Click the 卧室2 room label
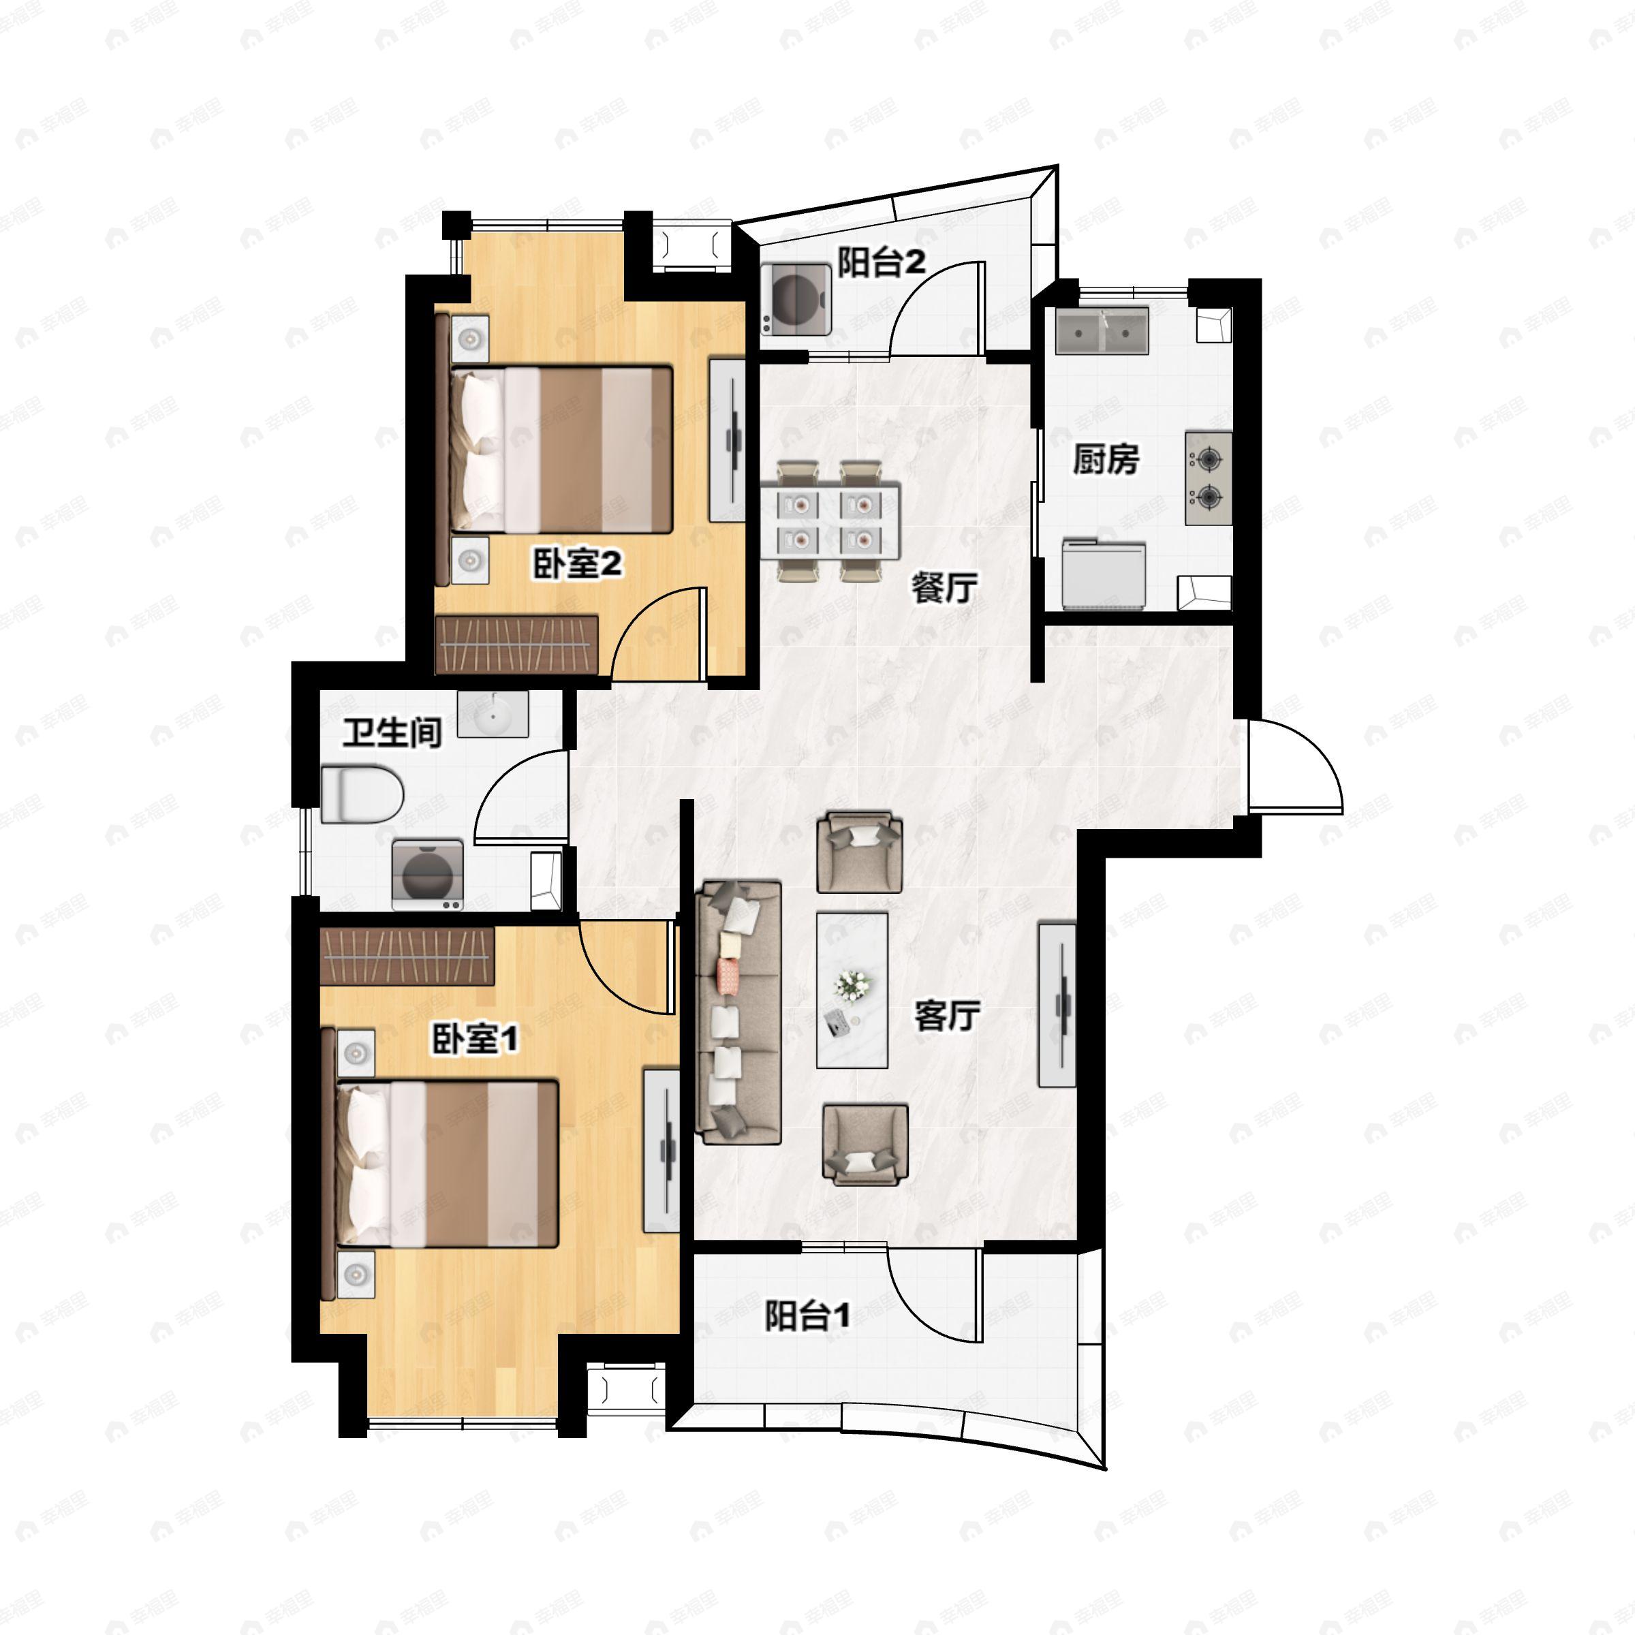pos(577,563)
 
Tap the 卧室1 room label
pos(475,1038)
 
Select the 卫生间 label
pos(392,733)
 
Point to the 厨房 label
pos(1106,460)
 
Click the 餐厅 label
pos(944,587)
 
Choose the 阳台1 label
pos(807,1316)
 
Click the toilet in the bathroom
pos(362,794)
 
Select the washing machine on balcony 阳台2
pos(796,300)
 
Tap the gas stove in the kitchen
pos(1209,478)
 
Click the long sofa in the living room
pos(738,1012)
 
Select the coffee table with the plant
pos(852,990)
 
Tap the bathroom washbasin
pos(493,713)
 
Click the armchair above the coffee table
pos(859,852)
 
